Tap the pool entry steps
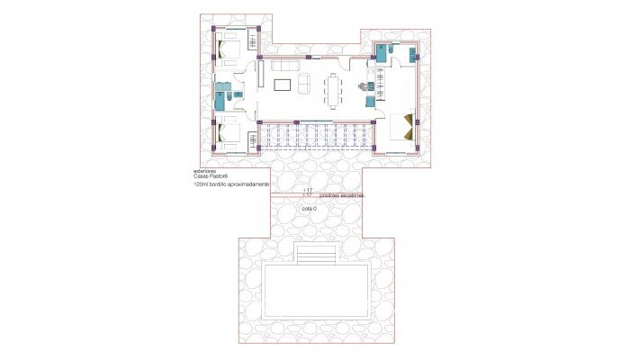tap(314, 256)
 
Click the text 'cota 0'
tap(310, 207)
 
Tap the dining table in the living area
tap(335, 90)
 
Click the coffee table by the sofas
tap(282, 85)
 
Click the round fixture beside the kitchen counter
tap(364, 87)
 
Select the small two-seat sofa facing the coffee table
tap(303, 85)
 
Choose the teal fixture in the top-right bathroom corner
tap(382, 52)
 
